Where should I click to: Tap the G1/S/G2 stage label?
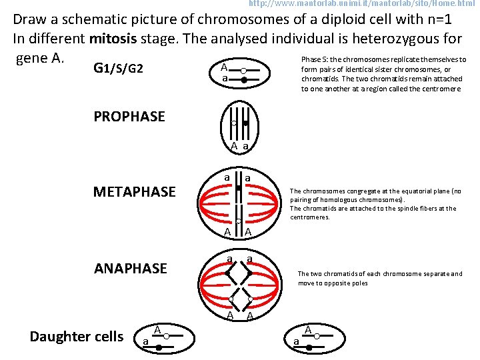[x=119, y=69]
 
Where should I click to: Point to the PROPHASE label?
[x=129, y=117]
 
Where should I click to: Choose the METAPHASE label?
[x=135, y=193]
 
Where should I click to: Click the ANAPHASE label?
[x=131, y=269]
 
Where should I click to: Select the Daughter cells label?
[x=77, y=337]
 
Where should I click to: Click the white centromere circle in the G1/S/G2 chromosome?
[x=244, y=71]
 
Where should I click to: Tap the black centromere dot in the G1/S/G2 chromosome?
[x=244, y=80]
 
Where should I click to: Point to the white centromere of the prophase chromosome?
[x=234, y=123]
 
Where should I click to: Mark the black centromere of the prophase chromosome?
[x=245, y=123]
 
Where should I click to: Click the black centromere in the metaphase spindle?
[x=239, y=189]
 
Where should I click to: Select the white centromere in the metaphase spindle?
[x=239, y=219]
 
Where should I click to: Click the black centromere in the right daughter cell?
[x=309, y=348]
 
